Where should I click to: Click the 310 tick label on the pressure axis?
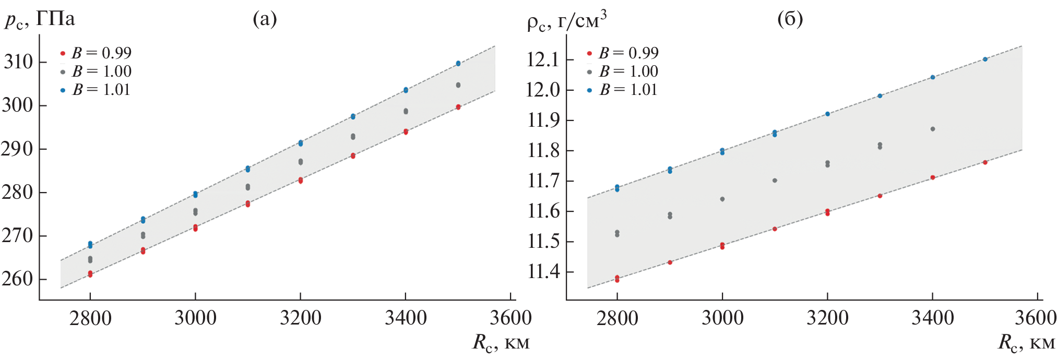[x=18, y=62]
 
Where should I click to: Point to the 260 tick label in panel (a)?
[x=18, y=279]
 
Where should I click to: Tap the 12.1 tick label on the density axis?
[x=543, y=60]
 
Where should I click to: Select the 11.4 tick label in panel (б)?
[x=543, y=272]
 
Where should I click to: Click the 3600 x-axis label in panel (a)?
[x=510, y=318]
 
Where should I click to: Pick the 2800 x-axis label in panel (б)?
[x=617, y=318]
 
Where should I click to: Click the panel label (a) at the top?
[x=265, y=19]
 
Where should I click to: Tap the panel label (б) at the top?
[x=790, y=19]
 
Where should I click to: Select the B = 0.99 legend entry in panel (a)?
[x=96, y=53]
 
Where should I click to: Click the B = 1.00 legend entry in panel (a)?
[x=96, y=71]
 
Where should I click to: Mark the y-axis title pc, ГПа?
[x=40, y=20]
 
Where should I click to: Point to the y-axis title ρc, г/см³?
[x=566, y=21]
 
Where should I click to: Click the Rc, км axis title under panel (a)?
[x=501, y=342]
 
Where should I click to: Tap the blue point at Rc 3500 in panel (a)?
[x=458, y=63]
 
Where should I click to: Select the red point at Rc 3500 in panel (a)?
[x=458, y=107]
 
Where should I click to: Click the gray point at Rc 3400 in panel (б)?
[x=933, y=129]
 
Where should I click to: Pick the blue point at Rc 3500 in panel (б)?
[x=985, y=59]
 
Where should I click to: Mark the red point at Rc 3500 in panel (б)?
[x=985, y=162]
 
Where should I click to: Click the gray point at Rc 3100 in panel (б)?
[x=775, y=181]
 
